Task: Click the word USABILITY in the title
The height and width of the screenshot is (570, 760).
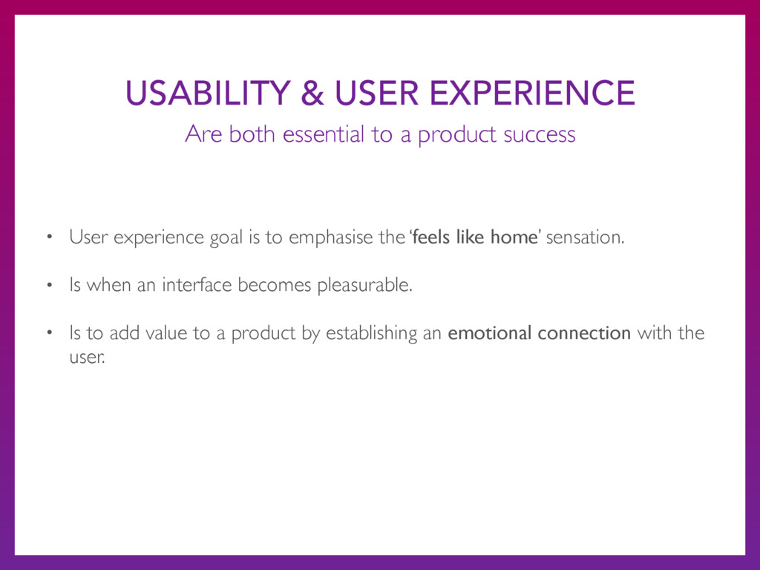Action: (x=208, y=93)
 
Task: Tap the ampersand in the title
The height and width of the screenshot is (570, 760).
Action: (x=312, y=93)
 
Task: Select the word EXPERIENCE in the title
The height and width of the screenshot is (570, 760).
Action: (x=532, y=93)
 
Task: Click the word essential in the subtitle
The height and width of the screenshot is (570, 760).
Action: (x=324, y=134)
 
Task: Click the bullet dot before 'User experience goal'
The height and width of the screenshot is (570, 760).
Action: (x=50, y=237)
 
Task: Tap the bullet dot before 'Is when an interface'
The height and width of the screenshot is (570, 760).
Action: (x=50, y=285)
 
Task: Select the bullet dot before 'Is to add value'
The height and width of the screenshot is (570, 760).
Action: (x=50, y=333)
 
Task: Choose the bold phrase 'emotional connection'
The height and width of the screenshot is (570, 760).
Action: (x=539, y=333)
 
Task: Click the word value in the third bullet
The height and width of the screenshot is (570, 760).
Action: (x=166, y=333)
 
